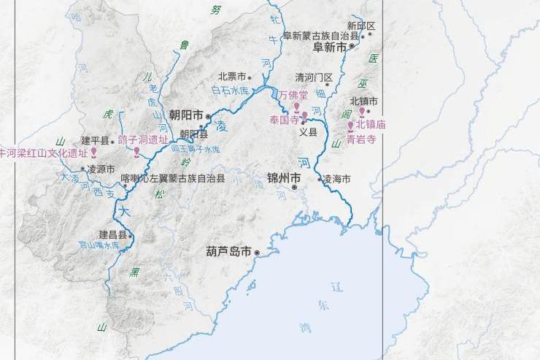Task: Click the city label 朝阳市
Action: (185, 115)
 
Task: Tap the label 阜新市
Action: (330, 47)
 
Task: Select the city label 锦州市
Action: (284, 177)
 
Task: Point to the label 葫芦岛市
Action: (228, 252)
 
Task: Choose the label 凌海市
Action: (337, 179)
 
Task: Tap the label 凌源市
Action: (101, 169)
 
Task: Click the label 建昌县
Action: (113, 235)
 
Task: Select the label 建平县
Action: (95, 140)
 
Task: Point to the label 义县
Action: (309, 132)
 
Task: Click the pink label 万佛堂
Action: (293, 94)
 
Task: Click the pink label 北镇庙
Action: (371, 125)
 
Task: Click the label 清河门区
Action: (314, 77)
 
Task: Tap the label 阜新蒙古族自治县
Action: (321, 35)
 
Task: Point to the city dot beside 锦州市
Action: (294, 188)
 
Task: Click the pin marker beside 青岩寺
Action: (350, 126)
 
